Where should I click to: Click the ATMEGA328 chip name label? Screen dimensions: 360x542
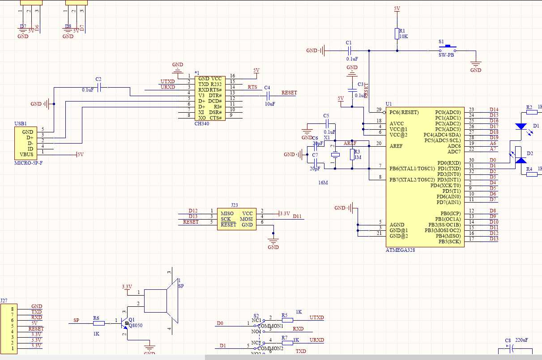coord(400,250)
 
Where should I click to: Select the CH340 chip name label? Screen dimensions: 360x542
coord(201,124)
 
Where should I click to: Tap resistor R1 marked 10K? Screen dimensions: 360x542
coord(397,34)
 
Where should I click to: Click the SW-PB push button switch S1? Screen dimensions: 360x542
coord(447,49)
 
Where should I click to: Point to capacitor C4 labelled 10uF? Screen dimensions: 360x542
coord(269,96)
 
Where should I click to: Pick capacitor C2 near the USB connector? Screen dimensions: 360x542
coord(99,87)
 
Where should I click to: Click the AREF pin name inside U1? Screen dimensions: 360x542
coord(396,146)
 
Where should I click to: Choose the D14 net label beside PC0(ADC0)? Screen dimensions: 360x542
coord(494,110)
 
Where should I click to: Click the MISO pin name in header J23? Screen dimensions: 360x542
coord(227,213)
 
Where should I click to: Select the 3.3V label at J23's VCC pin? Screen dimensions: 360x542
coord(284,213)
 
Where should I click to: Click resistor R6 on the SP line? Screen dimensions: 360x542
coord(98,323)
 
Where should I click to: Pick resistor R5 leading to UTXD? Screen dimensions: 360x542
coord(287,320)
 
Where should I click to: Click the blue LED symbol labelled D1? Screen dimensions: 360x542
coord(521,127)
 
